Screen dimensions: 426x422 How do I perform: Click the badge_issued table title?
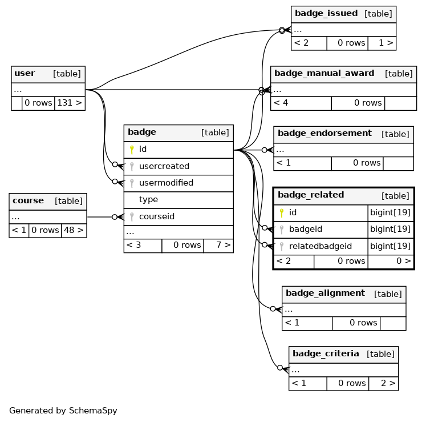click(326, 13)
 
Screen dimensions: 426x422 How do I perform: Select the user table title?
click(25, 73)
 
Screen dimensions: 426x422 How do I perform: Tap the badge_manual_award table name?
click(324, 73)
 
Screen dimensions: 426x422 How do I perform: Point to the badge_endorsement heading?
click(324, 133)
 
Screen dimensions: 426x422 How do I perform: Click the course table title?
click(28, 200)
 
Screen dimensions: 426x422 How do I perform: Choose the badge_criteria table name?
click(326, 353)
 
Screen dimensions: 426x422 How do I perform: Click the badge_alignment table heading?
click(325, 293)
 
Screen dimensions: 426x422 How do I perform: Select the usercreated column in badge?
click(164, 166)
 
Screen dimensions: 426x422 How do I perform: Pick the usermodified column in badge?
click(167, 183)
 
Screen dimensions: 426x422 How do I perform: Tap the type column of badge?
click(148, 199)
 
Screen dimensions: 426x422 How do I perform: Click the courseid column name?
click(157, 216)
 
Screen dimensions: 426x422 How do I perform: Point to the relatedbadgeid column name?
click(320, 246)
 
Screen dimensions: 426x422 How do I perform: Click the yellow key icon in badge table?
click(132, 150)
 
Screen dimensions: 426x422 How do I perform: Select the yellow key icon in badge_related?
click(282, 213)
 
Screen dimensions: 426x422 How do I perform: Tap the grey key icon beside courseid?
click(132, 217)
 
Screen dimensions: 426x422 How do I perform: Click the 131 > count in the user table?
click(70, 103)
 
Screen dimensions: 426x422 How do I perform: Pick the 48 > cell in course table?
click(74, 230)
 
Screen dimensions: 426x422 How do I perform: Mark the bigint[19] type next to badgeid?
click(390, 229)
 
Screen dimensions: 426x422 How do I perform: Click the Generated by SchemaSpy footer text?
click(63, 411)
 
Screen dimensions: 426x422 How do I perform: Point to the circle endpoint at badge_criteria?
click(280, 368)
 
